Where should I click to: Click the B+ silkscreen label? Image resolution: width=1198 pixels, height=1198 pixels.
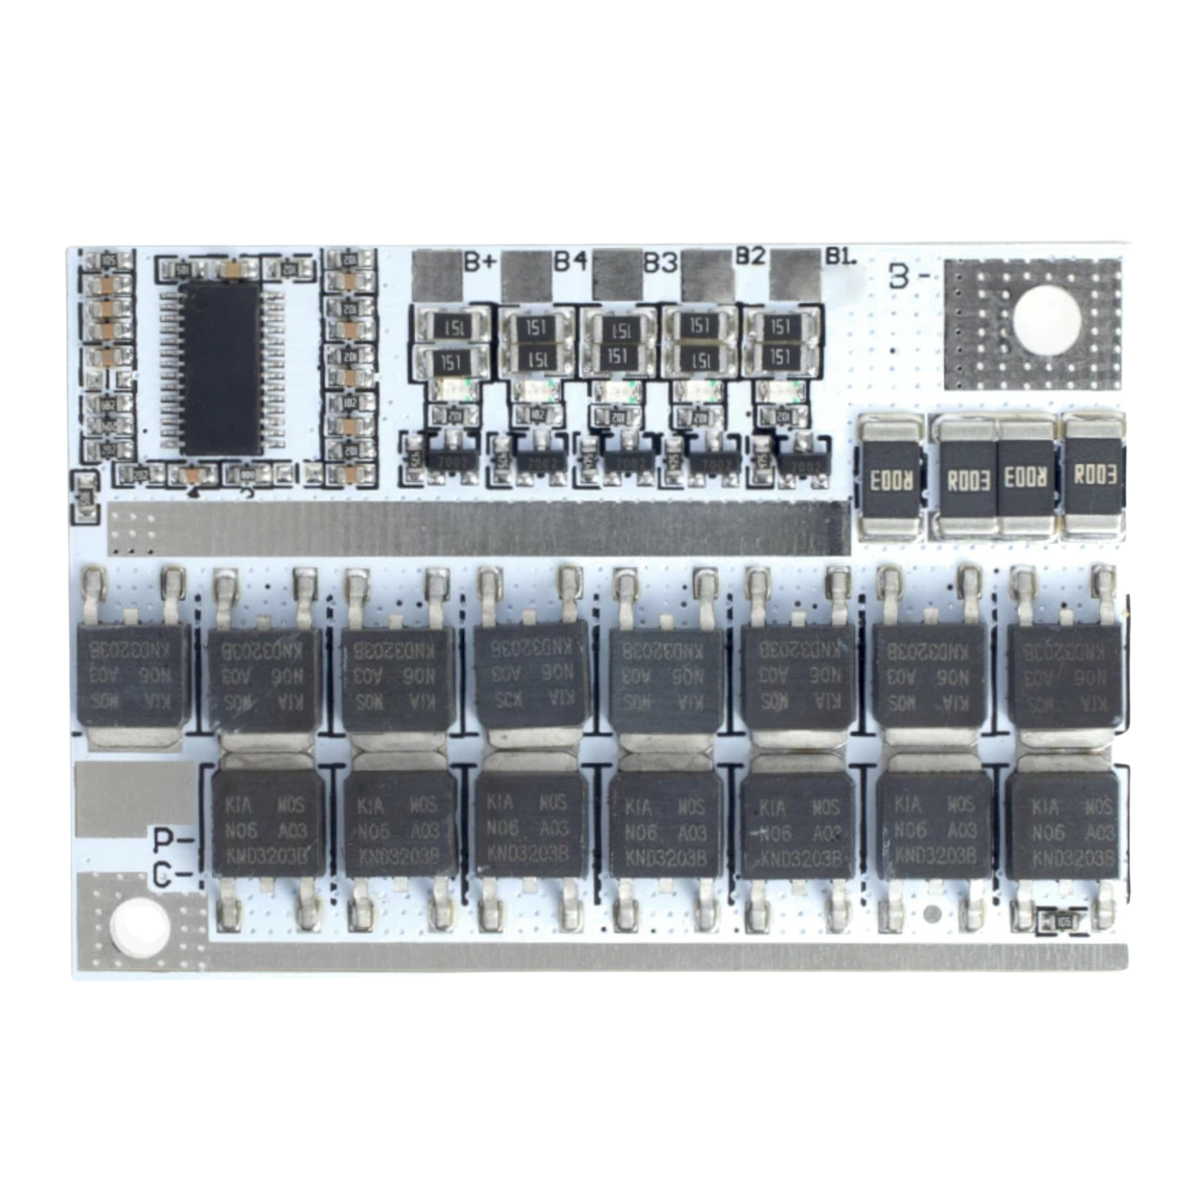(x=477, y=260)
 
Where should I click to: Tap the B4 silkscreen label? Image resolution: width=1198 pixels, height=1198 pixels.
(x=569, y=260)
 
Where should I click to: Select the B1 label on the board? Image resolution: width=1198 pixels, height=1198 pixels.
(x=840, y=257)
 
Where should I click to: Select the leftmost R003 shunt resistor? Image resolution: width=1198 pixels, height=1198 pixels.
(x=891, y=476)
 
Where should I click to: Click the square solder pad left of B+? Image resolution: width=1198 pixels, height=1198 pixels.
(x=436, y=274)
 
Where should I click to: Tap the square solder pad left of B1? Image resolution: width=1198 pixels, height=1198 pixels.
(x=796, y=274)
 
